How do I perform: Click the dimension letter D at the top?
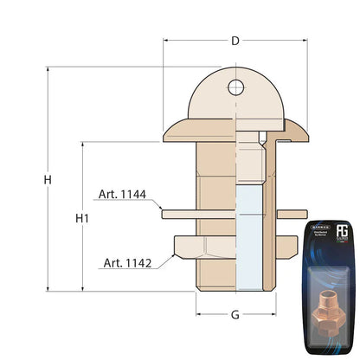point(235,41)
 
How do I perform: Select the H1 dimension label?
point(82,218)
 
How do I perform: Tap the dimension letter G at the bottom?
point(235,315)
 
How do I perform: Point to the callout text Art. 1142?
point(127,262)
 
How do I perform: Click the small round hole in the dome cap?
point(235,86)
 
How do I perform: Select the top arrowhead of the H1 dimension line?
point(82,145)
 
